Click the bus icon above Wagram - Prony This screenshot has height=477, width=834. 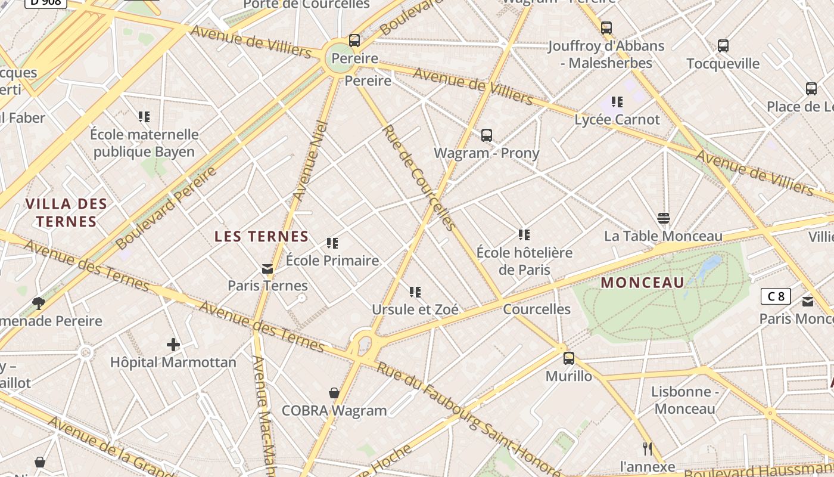coord(487,135)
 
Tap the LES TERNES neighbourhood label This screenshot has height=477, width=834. coord(262,237)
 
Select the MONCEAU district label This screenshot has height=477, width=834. coord(642,283)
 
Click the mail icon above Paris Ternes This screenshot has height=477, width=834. coord(267,270)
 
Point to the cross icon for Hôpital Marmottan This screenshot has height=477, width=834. coord(173,345)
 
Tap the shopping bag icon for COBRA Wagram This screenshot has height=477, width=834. coord(334,393)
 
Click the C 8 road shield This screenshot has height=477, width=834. coord(776,296)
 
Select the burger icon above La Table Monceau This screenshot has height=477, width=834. coord(664,218)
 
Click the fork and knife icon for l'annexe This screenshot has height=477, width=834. coord(648,448)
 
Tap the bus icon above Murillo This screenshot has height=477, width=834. coord(569,358)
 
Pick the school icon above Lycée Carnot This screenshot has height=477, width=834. coord(617,102)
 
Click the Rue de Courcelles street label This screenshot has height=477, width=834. coord(418,177)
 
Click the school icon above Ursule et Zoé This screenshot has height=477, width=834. coord(415,292)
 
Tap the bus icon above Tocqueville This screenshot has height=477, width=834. coord(723,46)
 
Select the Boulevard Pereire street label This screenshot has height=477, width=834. coord(167,209)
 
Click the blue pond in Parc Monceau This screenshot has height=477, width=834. coord(709,267)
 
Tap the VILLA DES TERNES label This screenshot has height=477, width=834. coord(66,213)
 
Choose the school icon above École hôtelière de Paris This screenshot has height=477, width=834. coord(524,235)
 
